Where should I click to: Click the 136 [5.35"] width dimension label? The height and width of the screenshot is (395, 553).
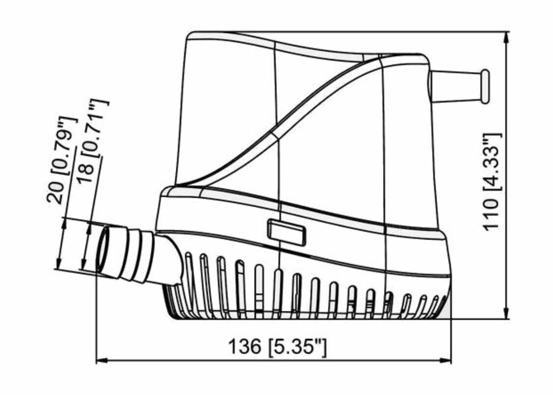(277, 347)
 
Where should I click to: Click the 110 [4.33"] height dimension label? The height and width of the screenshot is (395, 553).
(492, 182)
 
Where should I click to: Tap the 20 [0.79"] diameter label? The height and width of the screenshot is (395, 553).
(61, 160)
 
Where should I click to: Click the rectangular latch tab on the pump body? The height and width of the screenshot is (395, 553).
(286, 232)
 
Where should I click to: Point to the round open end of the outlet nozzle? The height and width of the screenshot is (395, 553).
(103, 250)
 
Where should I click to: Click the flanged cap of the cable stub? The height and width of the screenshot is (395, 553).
(485, 87)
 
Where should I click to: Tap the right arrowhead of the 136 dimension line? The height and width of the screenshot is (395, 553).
(446, 361)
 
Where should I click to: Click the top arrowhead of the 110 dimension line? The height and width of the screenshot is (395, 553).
(507, 37)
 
